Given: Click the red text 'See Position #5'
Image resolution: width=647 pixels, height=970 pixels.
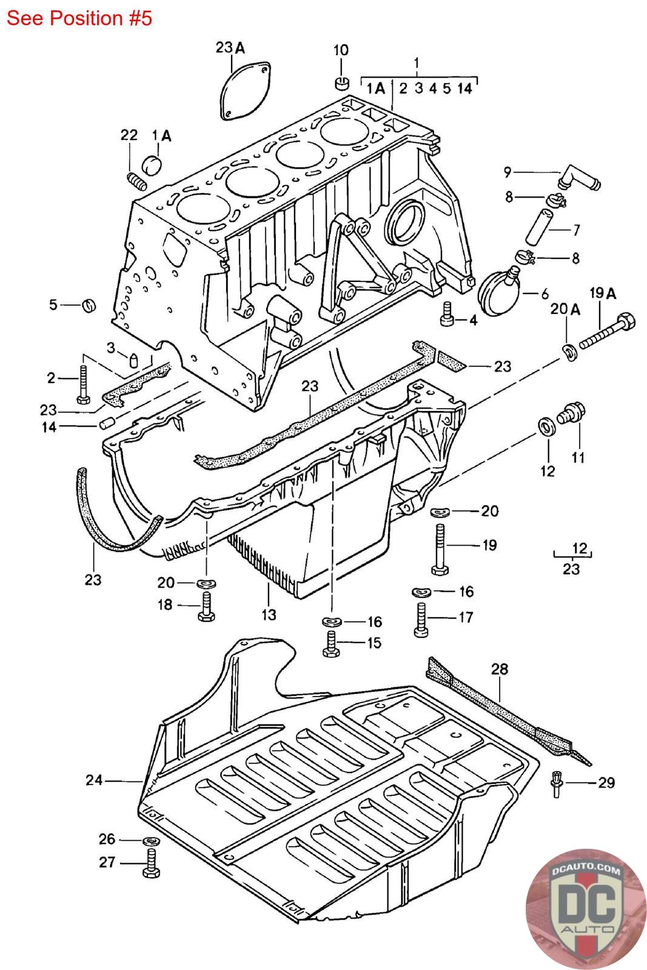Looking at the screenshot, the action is (x=79, y=18).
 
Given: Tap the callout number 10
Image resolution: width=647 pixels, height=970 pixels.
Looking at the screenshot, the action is (x=341, y=50).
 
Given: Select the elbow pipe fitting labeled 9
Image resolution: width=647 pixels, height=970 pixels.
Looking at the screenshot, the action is (x=578, y=178).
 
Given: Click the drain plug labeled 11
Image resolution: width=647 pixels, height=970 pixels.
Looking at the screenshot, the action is (x=572, y=413).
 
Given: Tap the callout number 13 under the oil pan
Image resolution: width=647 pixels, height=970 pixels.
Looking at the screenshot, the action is (x=269, y=614).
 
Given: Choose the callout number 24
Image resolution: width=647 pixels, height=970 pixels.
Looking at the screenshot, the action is (x=94, y=780).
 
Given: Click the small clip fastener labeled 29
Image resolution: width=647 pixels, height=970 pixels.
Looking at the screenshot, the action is (x=556, y=784).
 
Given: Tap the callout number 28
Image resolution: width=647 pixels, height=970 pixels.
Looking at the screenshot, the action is (x=499, y=669).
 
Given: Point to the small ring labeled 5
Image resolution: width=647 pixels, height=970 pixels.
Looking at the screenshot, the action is (x=89, y=306).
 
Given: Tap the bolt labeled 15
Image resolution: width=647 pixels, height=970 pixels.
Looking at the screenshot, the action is (x=332, y=644).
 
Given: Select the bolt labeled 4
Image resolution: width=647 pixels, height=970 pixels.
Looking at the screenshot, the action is (x=446, y=315).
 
